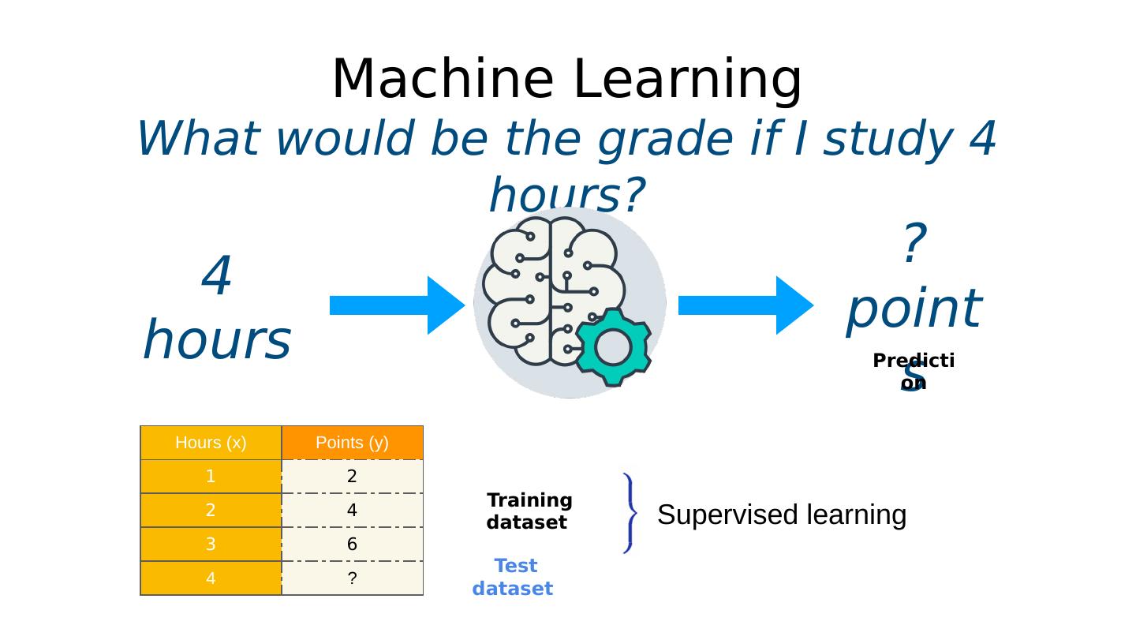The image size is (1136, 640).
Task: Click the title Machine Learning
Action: [x=566, y=80]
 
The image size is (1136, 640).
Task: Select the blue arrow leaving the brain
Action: [x=745, y=305]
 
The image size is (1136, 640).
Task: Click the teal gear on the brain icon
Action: [x=612, y=347]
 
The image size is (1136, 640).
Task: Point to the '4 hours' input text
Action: [x=217, y=309]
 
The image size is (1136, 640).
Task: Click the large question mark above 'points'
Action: [x=914, y=244]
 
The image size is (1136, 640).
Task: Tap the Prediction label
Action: [x=914, y=371]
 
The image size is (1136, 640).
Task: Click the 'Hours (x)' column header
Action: [x=211, y=443]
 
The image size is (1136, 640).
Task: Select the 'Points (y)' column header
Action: [x=352, y=443]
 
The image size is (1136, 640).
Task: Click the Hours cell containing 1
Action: [x=211, y=477]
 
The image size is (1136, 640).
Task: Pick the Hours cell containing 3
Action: [x=211, y=545]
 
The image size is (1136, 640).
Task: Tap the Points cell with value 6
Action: [x=352, y=545]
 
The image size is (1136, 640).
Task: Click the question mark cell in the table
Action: [x=352, y=578]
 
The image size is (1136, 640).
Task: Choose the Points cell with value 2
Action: [x=352, y=477]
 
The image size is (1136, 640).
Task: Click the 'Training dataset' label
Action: [x=529, y=511]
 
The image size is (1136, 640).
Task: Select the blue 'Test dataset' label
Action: [x=514, y=577]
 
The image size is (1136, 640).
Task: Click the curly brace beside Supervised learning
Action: [x=630, y=513]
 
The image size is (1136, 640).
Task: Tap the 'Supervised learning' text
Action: [x=781, y=515]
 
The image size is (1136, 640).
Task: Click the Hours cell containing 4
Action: [x=211, y=578]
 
